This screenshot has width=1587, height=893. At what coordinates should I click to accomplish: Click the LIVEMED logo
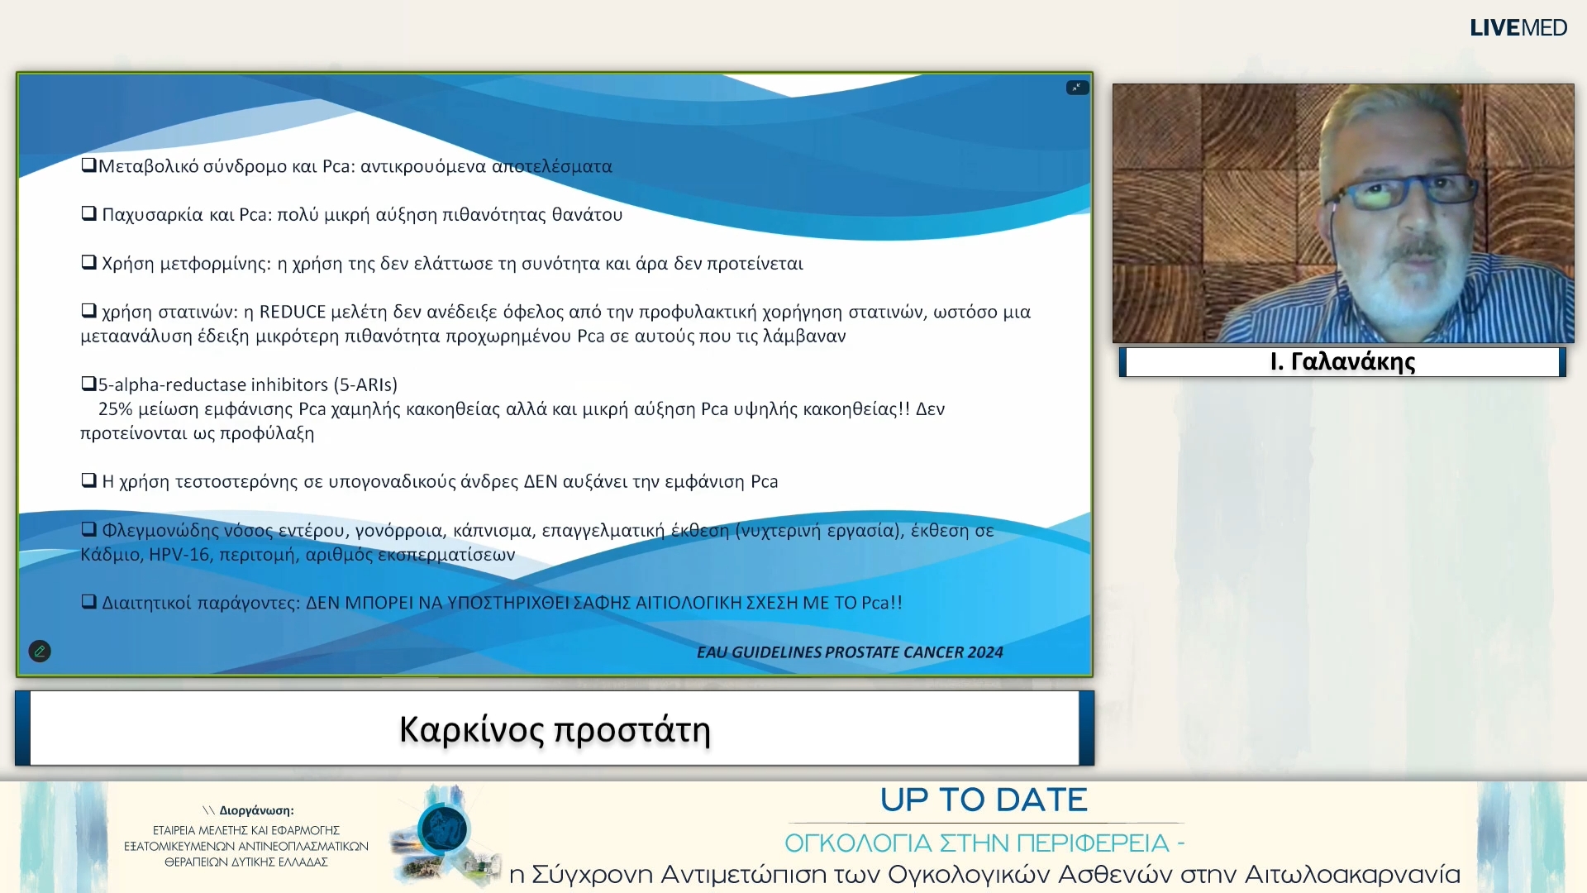[1518, 28]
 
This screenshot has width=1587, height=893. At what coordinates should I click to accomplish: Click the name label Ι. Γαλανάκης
[1342, 362]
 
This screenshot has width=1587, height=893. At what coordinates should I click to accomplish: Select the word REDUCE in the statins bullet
[293, 313]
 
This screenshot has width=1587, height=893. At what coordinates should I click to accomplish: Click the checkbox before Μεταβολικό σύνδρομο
[88, 165]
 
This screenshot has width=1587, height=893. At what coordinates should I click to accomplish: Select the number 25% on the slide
[115, 409]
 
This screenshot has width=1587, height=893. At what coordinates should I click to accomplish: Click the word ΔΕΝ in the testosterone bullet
[541, 482]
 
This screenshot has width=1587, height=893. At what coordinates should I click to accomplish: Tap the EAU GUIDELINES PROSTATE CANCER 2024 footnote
[850, 652]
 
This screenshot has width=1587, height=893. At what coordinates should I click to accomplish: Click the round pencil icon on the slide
[40, 652]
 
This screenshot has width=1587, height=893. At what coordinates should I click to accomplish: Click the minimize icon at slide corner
[1077, 88]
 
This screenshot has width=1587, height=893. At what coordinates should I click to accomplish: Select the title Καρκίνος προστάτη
[555, 729]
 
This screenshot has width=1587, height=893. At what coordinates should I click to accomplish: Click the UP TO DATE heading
[984, 800]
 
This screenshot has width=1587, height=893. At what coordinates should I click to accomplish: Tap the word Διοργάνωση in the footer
[256, 811]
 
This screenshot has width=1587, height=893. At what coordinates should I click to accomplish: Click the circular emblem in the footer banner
[443, 829]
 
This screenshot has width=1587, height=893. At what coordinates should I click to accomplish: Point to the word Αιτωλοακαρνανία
[1352, 875]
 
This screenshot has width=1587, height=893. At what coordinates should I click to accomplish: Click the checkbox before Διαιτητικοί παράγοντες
[88, 602]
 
